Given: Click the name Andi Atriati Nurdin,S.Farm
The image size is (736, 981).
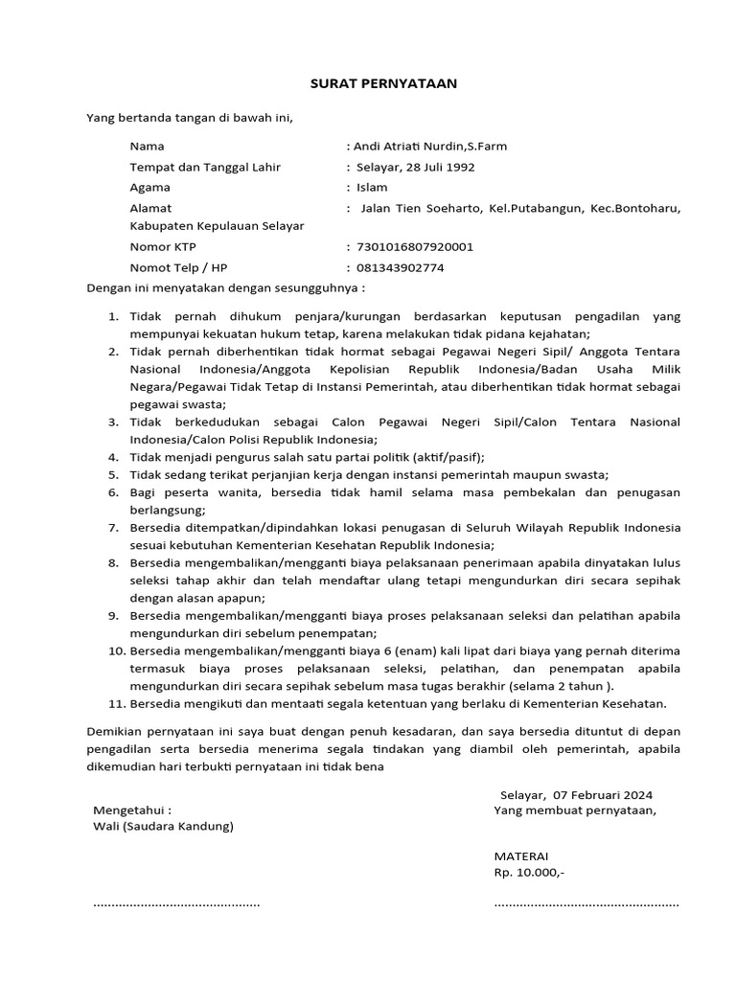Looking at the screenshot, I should coord(431,147).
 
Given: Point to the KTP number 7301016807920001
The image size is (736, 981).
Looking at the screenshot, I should coord(414,246).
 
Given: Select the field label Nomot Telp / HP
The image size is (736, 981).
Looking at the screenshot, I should coord(179,267).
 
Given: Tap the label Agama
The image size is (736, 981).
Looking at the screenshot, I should coord(150,188).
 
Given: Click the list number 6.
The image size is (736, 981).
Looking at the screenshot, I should coord(112,492).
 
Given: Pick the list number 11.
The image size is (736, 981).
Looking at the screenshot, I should coord(115,703).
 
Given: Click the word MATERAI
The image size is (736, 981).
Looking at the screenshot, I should coord(521,856).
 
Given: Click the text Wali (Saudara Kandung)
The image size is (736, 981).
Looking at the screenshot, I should coord(162,826).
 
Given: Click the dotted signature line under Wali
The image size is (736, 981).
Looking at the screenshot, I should coord(175,903).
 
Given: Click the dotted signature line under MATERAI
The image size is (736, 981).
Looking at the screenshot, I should coord(586,903).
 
